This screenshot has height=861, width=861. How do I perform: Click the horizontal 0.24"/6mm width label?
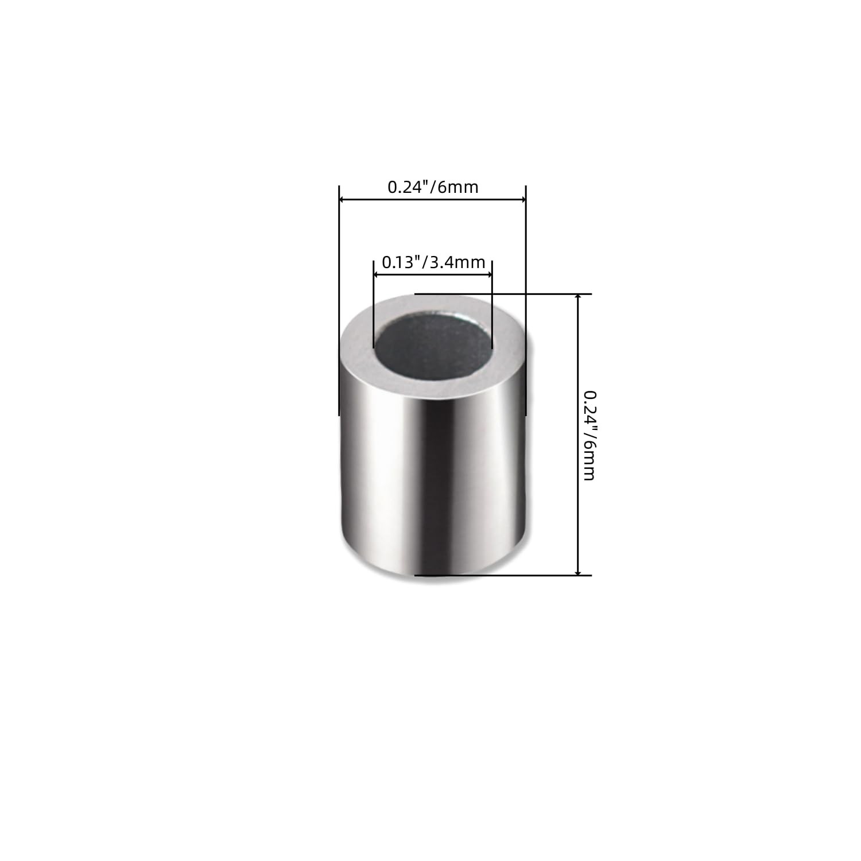(x=433, y=187)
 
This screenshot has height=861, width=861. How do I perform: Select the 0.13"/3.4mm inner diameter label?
(x=433, y=262)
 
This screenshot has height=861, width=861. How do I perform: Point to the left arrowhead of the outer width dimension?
(x=343, y=199)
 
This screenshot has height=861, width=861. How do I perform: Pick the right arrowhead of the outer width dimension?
(x=522, y=199)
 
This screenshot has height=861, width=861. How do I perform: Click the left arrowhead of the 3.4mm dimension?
(x=378, y=274)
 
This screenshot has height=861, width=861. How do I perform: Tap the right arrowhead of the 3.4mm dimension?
(x=488, y=274)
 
